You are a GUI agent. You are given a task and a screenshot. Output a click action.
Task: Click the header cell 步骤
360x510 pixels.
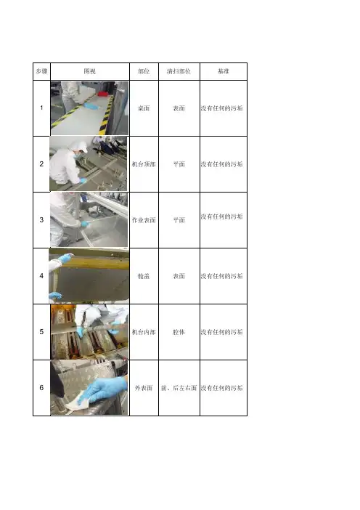click(41, 71)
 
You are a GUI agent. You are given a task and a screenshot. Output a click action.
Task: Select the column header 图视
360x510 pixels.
click(90, 71)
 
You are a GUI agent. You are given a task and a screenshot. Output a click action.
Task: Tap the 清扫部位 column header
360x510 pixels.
click(179, 71)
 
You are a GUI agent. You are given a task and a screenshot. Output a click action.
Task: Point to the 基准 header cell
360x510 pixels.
click(224, 71)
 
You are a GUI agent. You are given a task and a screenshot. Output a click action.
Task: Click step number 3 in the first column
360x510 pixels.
click(41, 220)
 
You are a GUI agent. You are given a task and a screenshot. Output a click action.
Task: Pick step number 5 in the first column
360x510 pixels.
click(41, 332)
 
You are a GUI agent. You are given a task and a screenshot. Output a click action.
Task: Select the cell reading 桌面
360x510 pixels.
click(144, 108)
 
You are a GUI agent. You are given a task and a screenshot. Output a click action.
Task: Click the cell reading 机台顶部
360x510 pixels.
click(144, 164)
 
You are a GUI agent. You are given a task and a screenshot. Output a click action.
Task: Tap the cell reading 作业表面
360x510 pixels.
click(144, 220)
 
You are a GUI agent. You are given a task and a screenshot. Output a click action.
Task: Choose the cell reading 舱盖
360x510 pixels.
click(144, 276)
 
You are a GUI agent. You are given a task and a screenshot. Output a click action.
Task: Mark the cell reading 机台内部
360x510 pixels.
click(144, 332)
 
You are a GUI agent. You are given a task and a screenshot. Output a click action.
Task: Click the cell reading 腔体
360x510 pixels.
click(179, 332)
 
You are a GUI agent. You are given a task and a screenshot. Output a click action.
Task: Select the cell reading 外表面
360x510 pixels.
click(144, 388)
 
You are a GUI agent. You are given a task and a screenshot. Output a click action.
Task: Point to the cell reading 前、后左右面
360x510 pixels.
click(179, 388)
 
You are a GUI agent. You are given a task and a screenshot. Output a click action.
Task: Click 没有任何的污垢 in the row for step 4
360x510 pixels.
click(221, 276)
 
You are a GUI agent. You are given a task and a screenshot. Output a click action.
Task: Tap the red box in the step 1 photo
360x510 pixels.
click(103, 94)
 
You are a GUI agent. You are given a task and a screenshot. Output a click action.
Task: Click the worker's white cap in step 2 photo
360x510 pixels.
click(80, 145)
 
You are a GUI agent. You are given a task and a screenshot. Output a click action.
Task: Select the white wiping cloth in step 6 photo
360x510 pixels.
click(78, 402)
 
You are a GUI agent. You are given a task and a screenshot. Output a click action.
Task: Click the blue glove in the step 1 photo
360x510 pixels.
click(91, 106)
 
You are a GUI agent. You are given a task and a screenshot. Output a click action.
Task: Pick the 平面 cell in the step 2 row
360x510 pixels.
click(179, 164)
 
